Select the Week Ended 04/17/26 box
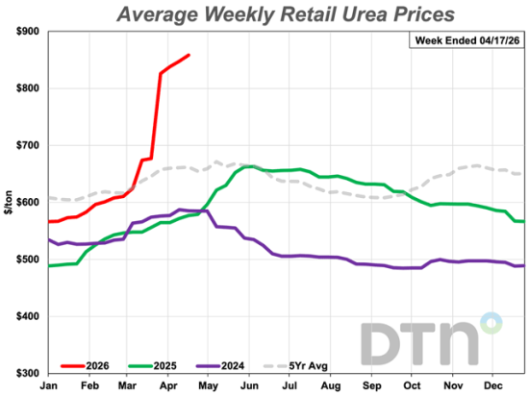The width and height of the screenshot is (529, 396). coord(466,40)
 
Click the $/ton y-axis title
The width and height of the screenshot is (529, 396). coord(8,203)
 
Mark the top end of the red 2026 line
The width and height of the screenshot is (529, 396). coord(189,55)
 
